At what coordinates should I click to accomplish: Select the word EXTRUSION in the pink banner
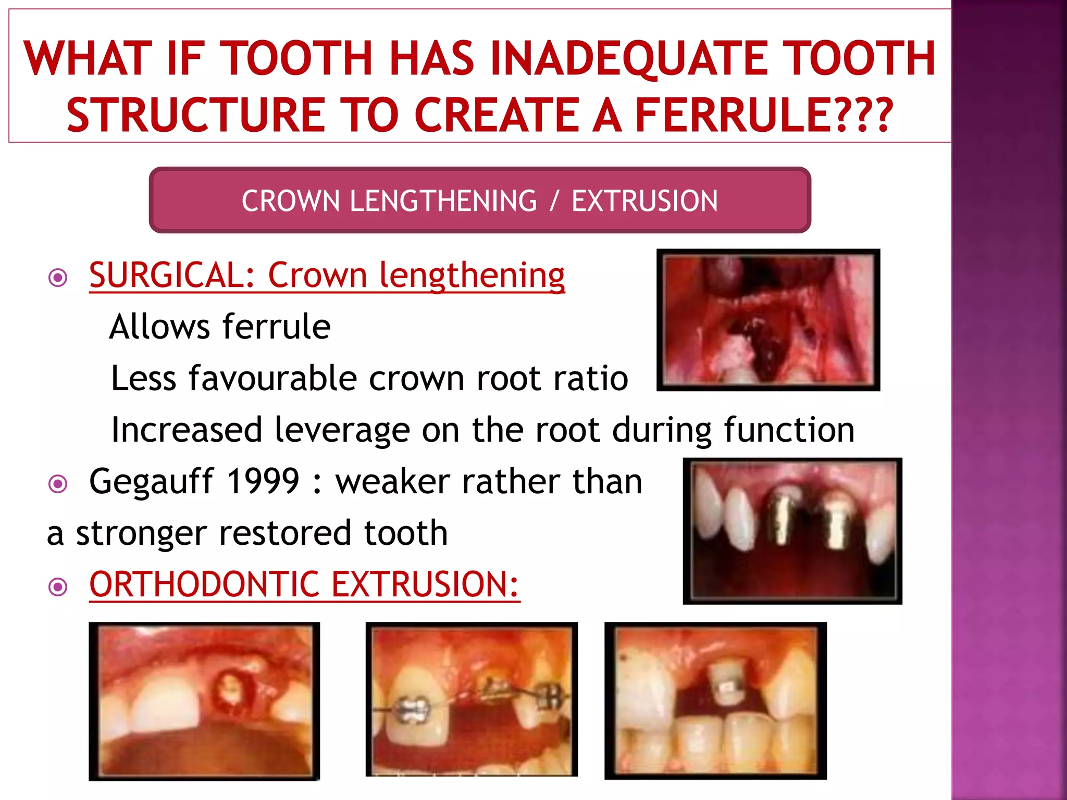click(644, 201)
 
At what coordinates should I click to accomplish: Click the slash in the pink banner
click(555, 201)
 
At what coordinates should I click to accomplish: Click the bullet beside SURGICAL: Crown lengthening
click(58, 277)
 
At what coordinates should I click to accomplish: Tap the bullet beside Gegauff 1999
click(58, 484)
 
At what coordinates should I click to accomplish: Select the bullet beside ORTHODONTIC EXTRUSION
click(58, 587)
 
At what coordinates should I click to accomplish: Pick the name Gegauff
click(151, 482)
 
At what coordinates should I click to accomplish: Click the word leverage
click(342, 430)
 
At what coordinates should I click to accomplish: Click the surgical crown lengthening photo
click(768, 320)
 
